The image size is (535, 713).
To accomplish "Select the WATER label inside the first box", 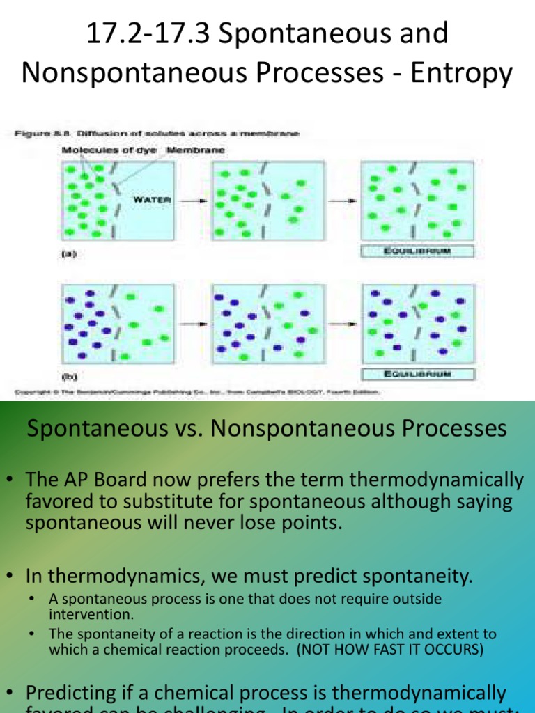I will (x=152, y=200).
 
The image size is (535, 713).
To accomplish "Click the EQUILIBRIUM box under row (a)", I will (x=417, y=252).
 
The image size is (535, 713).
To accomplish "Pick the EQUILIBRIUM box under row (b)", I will (x=417, y=374).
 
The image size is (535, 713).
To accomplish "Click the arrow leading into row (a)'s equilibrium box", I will (x=342, y=201).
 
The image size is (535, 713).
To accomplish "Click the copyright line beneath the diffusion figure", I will (x=196, y=392).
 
